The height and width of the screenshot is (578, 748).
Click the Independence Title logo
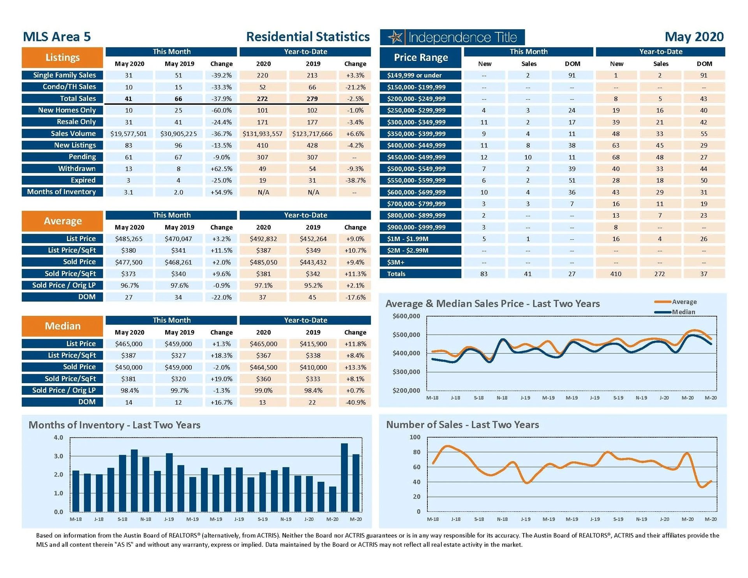(452, 37)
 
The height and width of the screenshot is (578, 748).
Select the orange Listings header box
(62, 58)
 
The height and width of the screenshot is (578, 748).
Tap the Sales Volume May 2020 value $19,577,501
(129, 134)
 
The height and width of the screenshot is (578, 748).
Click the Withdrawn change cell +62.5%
(221, 169)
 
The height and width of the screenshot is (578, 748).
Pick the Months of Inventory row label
(62, 192)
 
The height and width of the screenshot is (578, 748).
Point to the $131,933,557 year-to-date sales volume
(263, 134)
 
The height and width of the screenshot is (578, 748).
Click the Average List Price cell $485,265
(129, 239)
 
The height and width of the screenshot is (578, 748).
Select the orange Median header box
(62, 326)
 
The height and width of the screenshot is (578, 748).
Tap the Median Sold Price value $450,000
(129, 367)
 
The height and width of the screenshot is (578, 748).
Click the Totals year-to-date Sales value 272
(660, 274)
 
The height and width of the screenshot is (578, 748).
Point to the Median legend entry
(683, 312)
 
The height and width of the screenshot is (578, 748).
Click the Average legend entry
(684, 302)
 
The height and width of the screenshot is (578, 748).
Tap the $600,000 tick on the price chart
(406, 316)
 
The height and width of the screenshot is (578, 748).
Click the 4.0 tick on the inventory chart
(58, 438)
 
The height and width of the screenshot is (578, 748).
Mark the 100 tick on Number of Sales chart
(415, 437)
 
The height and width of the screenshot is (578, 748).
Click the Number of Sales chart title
(462, 425)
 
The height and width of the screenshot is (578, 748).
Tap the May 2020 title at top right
(694, 37)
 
